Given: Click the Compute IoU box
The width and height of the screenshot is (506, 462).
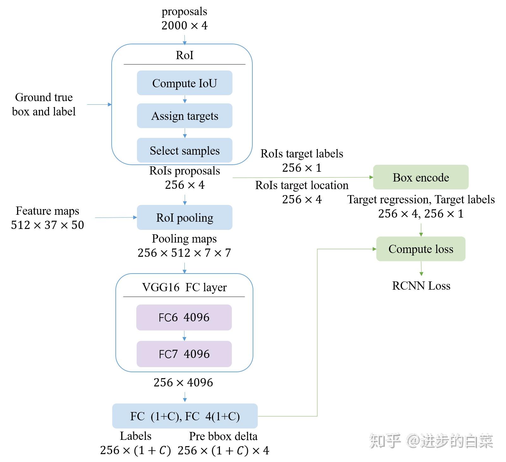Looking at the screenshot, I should (184, 83).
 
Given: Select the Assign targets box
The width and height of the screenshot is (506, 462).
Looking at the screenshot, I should (184, 116).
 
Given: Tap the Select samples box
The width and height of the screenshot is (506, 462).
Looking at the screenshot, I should (184, 150).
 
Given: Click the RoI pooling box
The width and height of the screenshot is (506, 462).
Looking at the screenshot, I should (184, 218).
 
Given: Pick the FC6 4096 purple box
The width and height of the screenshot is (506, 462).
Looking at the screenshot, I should (184, 317).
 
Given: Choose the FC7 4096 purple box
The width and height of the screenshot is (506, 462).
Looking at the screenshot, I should (184, 354).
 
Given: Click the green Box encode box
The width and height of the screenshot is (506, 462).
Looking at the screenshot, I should (421, 177).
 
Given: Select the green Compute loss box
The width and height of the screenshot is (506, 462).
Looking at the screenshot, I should (421, 249).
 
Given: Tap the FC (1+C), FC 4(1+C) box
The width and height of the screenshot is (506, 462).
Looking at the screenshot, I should (185, 416).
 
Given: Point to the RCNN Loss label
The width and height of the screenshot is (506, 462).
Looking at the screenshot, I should (421, 286).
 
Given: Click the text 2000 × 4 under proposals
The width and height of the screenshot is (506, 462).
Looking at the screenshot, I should (184, 26).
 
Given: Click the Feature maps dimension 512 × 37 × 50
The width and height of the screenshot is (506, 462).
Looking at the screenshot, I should (47, 225).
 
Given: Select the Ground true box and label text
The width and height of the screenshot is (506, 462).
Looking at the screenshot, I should (44, 104).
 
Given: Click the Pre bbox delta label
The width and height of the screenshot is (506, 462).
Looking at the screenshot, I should (223, 436).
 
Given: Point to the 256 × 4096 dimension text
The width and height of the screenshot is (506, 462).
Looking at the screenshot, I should (183, 383).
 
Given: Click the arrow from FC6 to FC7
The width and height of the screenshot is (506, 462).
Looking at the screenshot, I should (184, 336).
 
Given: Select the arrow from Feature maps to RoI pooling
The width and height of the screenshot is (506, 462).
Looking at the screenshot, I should (116, 218).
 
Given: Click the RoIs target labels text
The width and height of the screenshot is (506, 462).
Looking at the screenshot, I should (302, 154).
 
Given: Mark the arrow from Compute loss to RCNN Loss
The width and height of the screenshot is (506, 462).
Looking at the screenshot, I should (421, 268).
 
